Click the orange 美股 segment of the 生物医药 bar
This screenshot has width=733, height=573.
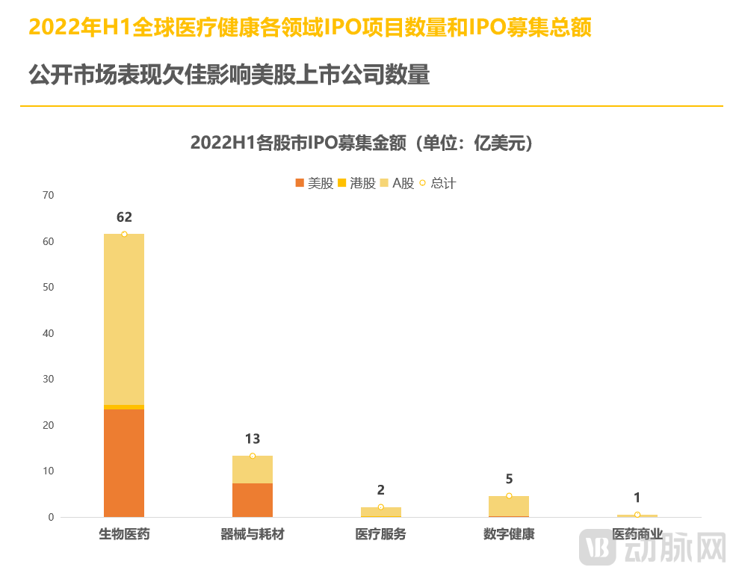pyautogui.click(x=124, y=462)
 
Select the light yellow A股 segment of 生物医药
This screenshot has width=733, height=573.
pyautogui.click(x=124, y=319)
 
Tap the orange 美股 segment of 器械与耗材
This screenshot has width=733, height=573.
pyautogui.click(x=253, y=500)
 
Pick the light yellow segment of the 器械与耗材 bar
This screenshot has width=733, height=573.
pyautogui.click(x=253, y=469)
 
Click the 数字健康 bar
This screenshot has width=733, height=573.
pyautogui.click(x=509, y=507)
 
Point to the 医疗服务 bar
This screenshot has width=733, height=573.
pyautogui.click(x=381, y=512)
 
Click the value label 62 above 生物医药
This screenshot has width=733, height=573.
pyautogui.click(x=124, y=217)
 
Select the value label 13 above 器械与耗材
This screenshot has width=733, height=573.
pyautogui.click(x=253, y=439)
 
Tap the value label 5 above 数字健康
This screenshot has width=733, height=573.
pyautogui.click(x=509, y=480)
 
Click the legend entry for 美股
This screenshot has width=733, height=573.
pyautogui.click(x=315, y=183)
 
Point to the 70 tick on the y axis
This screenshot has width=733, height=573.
pyautogui.click(x=49, y=196)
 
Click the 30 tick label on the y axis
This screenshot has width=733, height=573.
pyautogui.click(x=49, y=380)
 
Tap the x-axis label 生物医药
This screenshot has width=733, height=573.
pyautogui.click(x=124, y=535)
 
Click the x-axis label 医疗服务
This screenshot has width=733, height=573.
pyautogui.click(x=381, y=535)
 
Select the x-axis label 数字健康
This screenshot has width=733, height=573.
pyautogui.click(x=509, y=535)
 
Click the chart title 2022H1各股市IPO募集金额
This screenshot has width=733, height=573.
pyautogui.click(x=365, y=143)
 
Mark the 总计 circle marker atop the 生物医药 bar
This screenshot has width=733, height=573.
pyautogui.click(x=124, y=234)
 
